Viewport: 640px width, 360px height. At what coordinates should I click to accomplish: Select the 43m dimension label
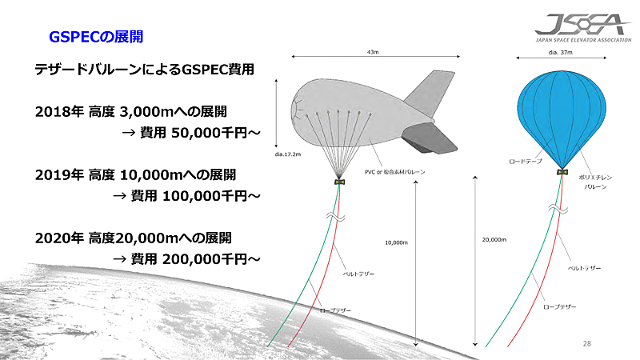click(372, 52)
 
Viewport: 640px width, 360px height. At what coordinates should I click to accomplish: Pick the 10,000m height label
click(396, 242)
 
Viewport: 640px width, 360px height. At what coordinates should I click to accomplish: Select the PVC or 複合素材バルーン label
click(396, 172)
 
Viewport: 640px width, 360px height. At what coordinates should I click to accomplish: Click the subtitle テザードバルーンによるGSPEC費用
click(144, 70)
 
